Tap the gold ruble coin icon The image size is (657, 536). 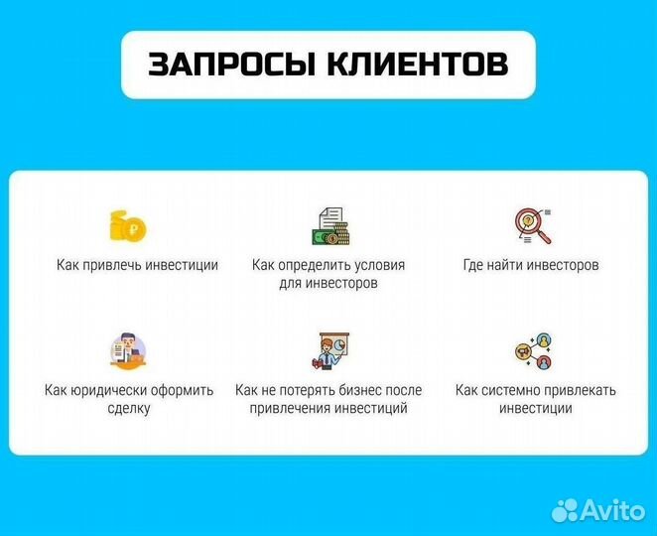129,226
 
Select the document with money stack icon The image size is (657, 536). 328,227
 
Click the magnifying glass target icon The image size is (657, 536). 532,226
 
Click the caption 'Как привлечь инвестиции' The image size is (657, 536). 137,265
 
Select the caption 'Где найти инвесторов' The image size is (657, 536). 531,265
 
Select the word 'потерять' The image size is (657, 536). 298,390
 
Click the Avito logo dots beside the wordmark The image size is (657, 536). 565,509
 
